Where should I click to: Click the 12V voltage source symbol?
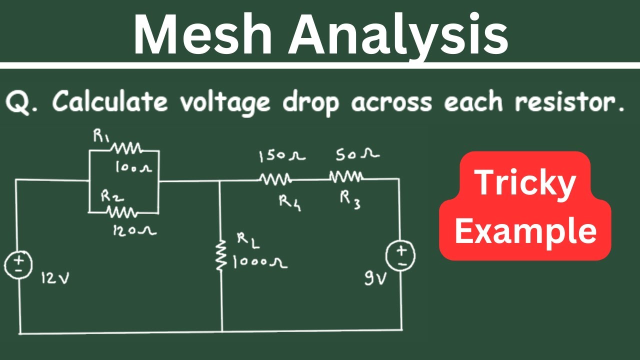18,265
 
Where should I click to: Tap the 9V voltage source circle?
400,255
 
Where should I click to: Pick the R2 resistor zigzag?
122,212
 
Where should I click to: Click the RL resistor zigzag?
221,255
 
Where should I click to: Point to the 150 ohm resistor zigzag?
275,179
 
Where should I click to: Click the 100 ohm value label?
133,167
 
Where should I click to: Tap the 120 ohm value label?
134,230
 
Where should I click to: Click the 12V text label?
55,277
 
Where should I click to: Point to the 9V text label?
375,278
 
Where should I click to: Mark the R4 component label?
290,203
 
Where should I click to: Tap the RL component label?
248,241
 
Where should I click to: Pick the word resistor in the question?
569,101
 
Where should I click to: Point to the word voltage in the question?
225,103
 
